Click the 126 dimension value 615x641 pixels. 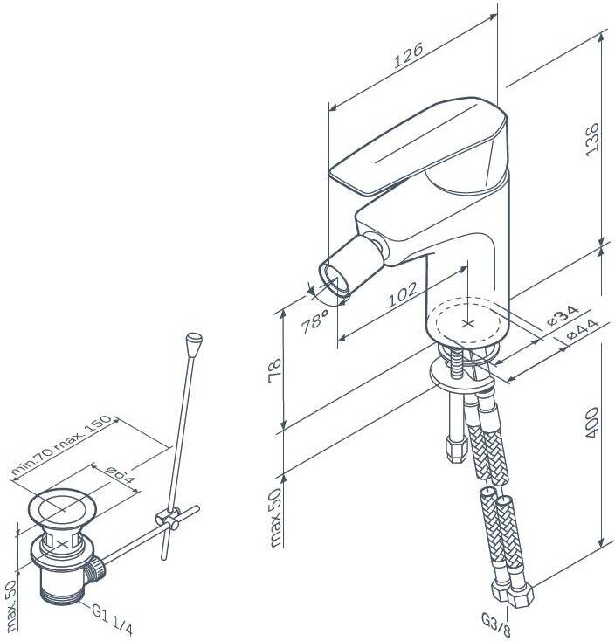408,55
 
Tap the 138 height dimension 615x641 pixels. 592,139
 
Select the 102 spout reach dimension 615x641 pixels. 403,294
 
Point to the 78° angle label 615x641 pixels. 314,320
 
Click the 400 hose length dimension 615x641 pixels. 591,423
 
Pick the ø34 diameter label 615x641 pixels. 563,315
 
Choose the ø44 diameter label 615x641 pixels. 583,329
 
